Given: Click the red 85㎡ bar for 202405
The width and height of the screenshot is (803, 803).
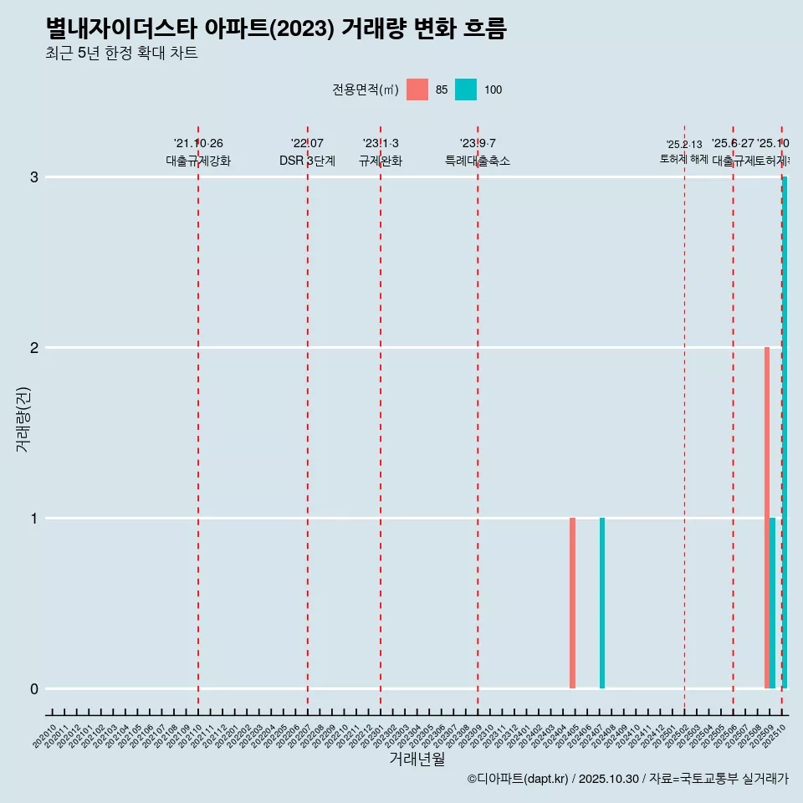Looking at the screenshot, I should coord(572,603).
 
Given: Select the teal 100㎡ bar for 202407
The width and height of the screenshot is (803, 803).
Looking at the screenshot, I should coord(602,603).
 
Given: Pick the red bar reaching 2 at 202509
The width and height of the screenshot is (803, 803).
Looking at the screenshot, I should coord(767,518).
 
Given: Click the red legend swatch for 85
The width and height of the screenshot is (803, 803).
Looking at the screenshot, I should coord(417,90).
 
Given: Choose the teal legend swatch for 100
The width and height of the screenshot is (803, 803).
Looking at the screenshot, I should coord(466,90).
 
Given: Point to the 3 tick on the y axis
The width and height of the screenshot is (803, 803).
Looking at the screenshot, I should coord(34,177).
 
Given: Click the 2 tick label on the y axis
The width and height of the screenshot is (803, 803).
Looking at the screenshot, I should coord(34,348).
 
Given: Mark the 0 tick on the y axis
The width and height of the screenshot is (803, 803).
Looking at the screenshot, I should coord(34,689).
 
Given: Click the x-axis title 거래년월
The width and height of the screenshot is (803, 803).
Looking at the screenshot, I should coord(417,760).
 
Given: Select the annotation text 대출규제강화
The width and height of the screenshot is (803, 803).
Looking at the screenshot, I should coord(198,161).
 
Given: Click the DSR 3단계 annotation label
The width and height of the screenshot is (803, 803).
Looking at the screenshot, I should coord(307,161).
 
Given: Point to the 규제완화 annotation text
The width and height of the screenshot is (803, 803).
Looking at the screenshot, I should coord(381,161).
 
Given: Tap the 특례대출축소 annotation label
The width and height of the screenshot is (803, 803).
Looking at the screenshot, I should coord(478,161).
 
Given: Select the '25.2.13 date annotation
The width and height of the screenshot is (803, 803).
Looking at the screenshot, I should coord(684,145).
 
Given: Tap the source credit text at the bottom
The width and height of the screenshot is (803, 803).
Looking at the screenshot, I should coord(628,779).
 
